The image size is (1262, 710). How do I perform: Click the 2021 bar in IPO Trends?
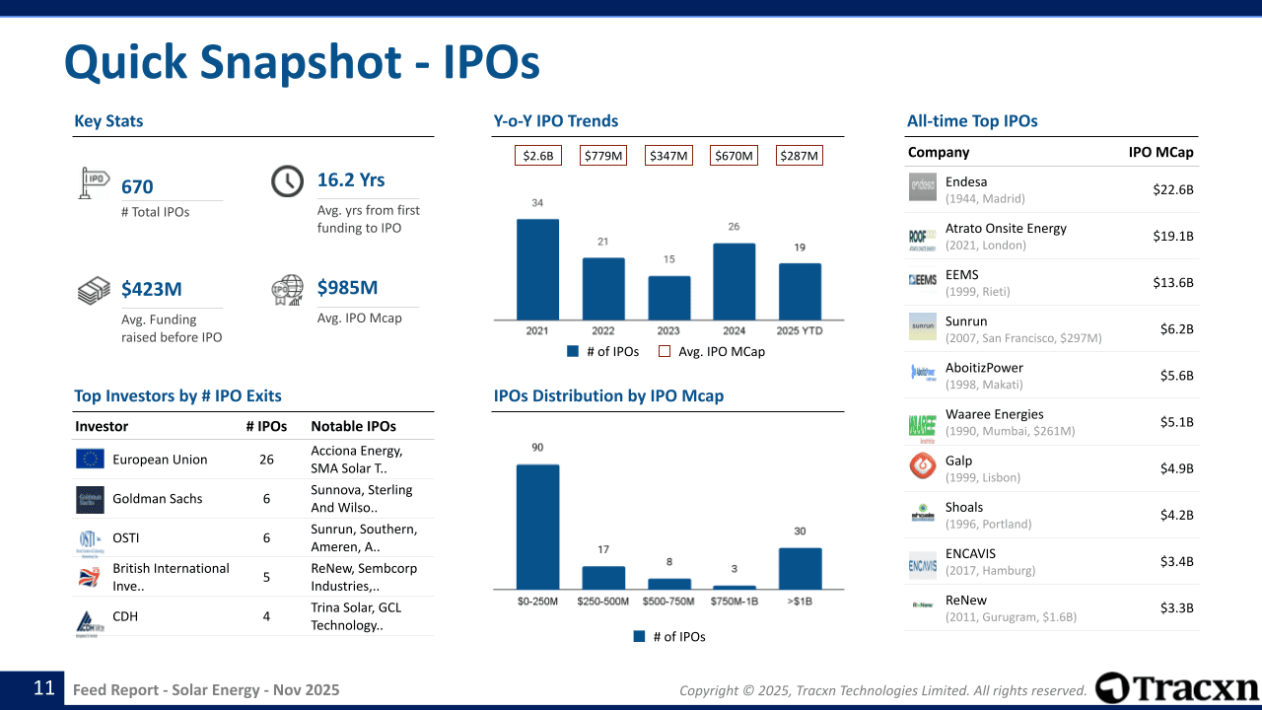tap(537, 268)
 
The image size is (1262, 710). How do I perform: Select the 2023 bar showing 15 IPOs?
tap(668, 297)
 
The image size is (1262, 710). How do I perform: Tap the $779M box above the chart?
tap(603, 156)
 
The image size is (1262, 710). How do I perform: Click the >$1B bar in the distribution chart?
tap(800, 568)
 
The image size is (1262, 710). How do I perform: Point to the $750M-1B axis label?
tap(734, 602)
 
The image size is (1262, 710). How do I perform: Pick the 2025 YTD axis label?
tap(800, 331)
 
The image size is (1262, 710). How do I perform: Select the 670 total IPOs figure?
tap(137, 187)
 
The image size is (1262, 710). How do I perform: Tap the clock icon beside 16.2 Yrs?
tap(287, 181)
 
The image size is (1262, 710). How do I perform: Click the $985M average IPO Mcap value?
tap(347, 288)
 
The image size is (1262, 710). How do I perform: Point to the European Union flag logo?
tap(90, 460)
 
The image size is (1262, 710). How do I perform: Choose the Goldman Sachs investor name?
tap(157, 499)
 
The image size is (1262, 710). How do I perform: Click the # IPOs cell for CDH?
tap(266, 617)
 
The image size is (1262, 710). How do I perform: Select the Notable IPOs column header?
tap(353, 427)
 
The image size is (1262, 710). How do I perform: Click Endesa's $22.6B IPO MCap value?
tap(1172, 189)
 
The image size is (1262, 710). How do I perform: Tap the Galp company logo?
tap(923, 466)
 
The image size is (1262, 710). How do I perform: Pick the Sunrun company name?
tap(965, 321)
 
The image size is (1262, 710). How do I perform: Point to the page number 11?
tap(43, 688)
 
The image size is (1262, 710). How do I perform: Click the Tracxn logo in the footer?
tap(1177, 688)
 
